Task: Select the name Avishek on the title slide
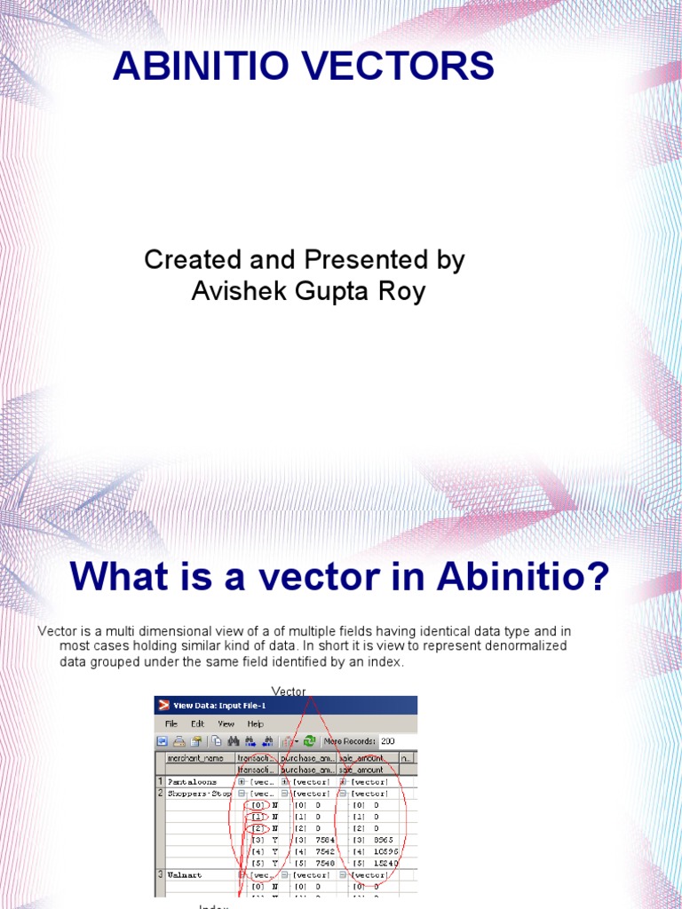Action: (234, 290)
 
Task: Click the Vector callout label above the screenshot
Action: (289, 691)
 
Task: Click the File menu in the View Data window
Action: (171, 723)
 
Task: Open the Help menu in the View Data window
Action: (256, 723)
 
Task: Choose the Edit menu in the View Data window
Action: (197, 723)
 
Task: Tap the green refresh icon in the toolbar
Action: (309, 740)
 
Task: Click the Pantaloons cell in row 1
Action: (187, 782)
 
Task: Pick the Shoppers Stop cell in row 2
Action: (199, 794)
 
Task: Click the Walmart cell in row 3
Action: (185, 874)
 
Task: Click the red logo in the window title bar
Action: (163, 706)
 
